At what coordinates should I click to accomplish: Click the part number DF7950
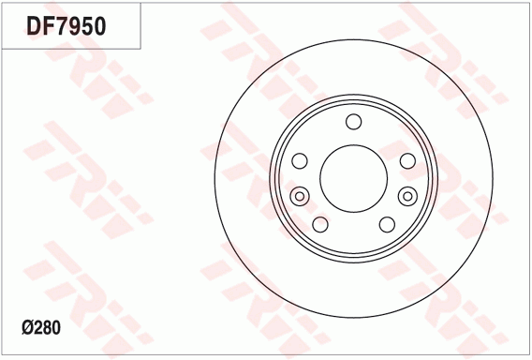66,26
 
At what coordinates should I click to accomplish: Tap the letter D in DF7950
35,26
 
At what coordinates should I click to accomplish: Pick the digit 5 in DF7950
87,26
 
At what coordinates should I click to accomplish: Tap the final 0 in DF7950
100,26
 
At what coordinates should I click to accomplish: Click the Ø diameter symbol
28,328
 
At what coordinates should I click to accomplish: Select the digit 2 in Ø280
38,328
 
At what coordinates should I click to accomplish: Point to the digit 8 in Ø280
47,328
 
